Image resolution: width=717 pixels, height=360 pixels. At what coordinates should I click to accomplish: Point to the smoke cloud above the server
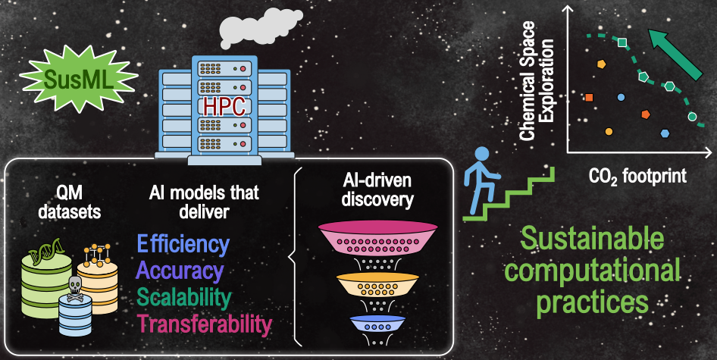(x=260, y=27)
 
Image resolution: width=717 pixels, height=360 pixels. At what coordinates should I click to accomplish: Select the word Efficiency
(x=183, y=244)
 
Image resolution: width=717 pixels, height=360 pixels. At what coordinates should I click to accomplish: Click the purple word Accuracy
(x=180, y=271)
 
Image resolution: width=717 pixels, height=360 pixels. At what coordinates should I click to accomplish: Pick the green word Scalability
(x=184, y=297)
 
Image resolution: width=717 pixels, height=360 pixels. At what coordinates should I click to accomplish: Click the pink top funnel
(x=377, y=238)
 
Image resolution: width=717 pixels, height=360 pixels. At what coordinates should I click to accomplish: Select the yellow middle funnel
(x=377, y=284)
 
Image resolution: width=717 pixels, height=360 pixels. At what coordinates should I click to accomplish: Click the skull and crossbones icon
(x=74, y=288)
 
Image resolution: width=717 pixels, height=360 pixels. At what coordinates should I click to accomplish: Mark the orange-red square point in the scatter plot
(x=589, y=97)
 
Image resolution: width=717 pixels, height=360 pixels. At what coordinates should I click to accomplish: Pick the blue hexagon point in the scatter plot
(x=665, y=133)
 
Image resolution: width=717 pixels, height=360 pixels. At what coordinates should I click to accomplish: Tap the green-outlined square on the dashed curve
(x=622, y=42)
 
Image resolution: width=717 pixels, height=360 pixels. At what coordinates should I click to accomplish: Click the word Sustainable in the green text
(x=592, y=239)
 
